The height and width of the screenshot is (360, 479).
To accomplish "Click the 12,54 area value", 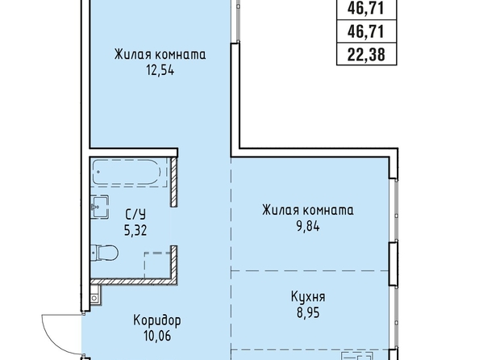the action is (160, 71).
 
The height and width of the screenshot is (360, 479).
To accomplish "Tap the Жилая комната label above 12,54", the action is (160, 54).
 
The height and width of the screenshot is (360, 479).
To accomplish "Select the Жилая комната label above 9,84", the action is (308, 210).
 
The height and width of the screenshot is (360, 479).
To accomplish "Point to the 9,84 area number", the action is (308, 227).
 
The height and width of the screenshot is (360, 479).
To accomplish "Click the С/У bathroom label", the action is (135, 214).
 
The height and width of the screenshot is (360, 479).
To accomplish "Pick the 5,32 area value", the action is (135, 230).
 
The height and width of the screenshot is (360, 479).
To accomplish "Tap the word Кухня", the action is (308, 297).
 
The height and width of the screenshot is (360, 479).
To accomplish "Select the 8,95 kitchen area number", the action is (308, 313).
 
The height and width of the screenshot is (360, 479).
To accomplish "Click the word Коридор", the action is (157, 320).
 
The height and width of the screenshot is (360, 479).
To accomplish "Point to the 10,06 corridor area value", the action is (157, 337).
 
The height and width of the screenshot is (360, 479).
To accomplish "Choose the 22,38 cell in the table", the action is (366, 55).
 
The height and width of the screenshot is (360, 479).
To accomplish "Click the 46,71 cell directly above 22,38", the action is (366, 31).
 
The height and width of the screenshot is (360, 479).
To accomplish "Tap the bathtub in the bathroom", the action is (127, 172).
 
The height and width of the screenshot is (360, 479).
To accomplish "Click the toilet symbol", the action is (105, 253).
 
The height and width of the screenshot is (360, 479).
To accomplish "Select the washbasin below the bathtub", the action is (99, 207).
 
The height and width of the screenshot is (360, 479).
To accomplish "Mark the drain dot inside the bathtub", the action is (98, 172).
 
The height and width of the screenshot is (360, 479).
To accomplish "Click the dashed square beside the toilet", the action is (157, 265).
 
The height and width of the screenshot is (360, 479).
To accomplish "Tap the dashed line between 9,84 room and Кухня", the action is (310, 271).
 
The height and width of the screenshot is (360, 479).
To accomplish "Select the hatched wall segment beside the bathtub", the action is (174, 182).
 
